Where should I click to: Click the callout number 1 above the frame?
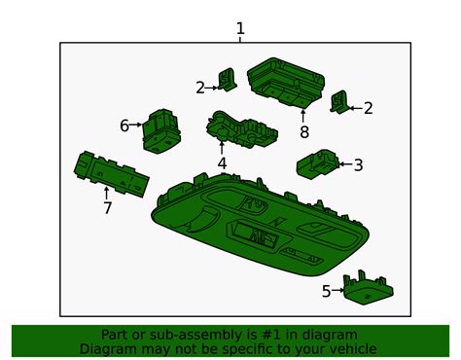(x=240, y=28)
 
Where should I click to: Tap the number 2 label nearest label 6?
(x=200, y=88)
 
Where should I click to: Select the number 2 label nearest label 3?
(x=368, y=108)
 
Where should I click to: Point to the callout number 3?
(x=358, y=165)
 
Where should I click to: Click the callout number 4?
(x=222, y=163)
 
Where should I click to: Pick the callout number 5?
(x=326, y=290)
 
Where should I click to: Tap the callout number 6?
(x=124, y=126)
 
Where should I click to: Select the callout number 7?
(x=107, y=207)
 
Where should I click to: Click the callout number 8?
(x=303, y=131)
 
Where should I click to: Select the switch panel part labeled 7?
(x=112, y=173)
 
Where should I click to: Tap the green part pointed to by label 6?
(x=160, y=131)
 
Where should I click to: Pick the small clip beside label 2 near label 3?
(x=340, y=101)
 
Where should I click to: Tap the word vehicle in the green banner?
(x=348, y=348)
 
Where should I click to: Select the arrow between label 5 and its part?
(x=340, y=290)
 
